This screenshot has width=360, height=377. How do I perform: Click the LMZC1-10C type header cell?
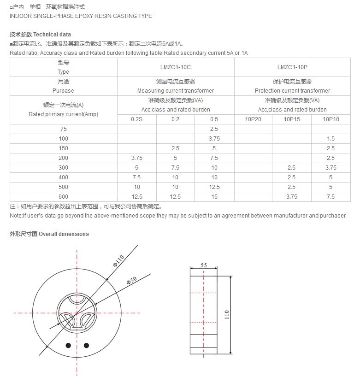[x=176, y=67]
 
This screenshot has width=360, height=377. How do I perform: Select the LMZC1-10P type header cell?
[x=292, y=67]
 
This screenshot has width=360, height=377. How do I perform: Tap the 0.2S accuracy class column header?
[x=136, y=119]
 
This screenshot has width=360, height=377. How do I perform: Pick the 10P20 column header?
[x=253, y=119]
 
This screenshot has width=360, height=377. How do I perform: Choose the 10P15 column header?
[x=292, y=119]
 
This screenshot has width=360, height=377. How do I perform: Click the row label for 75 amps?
[x=63, y=129]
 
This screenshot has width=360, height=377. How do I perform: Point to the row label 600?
[x=63, y=197]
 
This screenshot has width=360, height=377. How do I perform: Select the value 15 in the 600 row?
[x=214, y=197]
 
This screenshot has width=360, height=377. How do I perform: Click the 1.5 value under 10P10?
[x=330, y=139]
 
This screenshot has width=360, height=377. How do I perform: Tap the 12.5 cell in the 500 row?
[x=214, y=187]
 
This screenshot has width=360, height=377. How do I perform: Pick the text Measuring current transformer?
[x=176, y=91]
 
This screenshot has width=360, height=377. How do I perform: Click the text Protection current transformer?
[x=292, y=91]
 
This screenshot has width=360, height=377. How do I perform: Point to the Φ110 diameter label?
[x=118, y=263]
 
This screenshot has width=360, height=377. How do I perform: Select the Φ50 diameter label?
[x=131, y=281]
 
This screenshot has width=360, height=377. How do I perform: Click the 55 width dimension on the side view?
[x=204, y=265]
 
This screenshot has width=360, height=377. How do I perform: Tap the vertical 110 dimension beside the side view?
[x=226, y=315]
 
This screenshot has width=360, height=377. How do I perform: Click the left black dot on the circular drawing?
[x=68, y=345]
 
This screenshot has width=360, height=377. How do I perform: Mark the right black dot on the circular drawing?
[x=86, y=345]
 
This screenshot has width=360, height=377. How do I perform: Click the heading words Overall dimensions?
[x=64, y=234]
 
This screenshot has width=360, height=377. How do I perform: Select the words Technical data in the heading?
[x=52, y=35]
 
